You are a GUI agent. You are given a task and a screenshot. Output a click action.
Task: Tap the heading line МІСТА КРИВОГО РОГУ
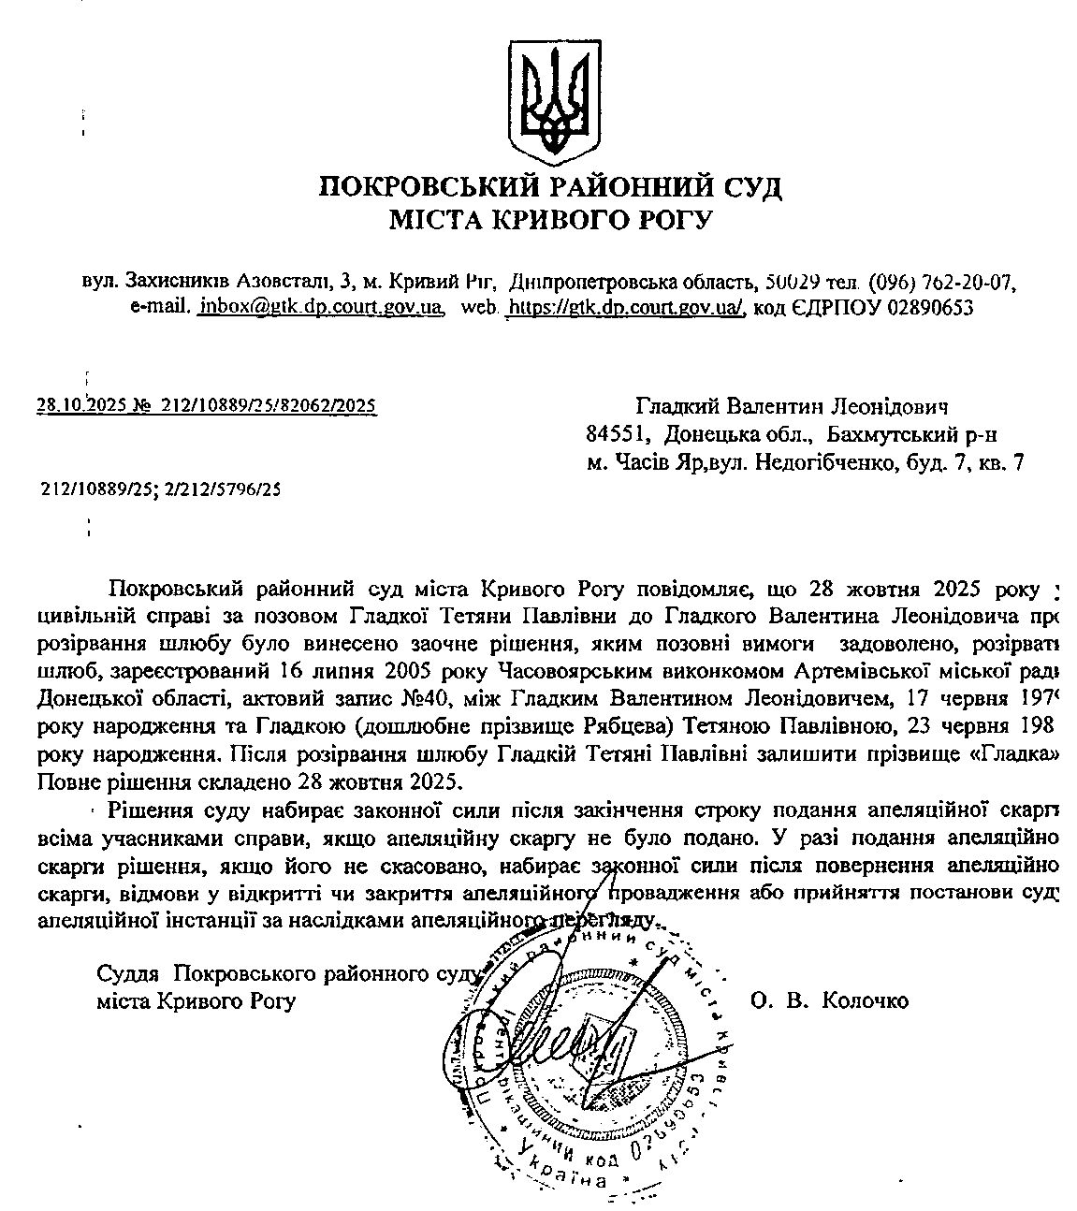point(551,221)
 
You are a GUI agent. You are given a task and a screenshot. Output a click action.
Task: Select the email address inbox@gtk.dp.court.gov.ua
point(320,306)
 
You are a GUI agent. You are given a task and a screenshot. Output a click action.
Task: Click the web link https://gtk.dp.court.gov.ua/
point(625,306)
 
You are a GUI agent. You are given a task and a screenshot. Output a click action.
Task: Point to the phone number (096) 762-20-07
point(942,281)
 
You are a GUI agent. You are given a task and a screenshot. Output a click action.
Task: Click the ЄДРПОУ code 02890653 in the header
point(929,306)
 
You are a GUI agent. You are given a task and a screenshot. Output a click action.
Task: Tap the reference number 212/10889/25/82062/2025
point(269,405)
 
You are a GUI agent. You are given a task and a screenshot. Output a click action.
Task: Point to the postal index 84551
point(618,434)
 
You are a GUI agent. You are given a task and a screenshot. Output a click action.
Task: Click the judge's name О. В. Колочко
point(829,1000)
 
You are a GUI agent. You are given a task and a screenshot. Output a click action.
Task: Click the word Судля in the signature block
point(131,973)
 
